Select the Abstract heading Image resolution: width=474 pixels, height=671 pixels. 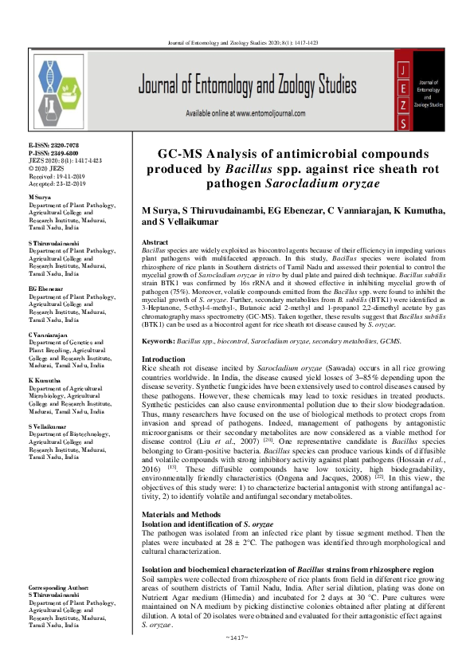(x=155, y=241)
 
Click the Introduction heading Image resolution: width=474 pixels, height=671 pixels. (x=163, y=359)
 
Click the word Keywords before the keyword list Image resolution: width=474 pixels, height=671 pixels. (x=158, y=340)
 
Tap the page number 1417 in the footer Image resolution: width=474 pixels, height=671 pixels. (x=237, y=661)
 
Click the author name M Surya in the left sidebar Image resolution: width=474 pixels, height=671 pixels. (x=40, y=196)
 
